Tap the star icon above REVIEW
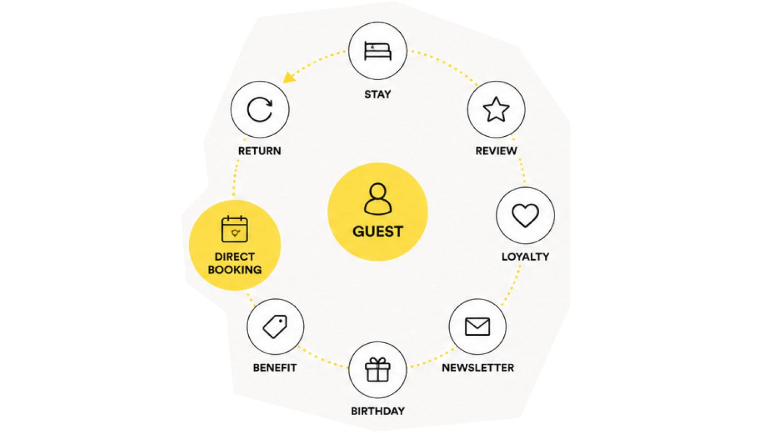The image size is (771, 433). tap(496, 109)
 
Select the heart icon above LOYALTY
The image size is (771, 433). tap(525, 215)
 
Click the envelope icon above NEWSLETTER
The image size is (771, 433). tap(477, 326)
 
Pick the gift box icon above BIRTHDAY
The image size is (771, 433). tap(378, 370)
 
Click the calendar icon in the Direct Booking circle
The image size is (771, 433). tap(234, 229)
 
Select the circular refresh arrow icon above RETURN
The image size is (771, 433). tap(260, 110)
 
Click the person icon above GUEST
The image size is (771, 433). tap(378, 199)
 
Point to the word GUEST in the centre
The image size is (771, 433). tap(378, 231)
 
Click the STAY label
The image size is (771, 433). tap(378, 95)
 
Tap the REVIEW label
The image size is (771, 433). tap(496, 151)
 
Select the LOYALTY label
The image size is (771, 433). tap(525, 257)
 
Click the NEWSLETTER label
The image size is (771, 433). tap(478, 368)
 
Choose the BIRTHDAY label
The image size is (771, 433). tap(378, 411)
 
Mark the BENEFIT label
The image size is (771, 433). tap(275, 368)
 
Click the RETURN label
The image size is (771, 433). tap(259, 151)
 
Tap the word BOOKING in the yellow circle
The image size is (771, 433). tap(235, 269)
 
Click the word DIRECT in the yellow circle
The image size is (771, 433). tap(235, 257)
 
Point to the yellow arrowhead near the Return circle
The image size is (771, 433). tap(289, 78)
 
